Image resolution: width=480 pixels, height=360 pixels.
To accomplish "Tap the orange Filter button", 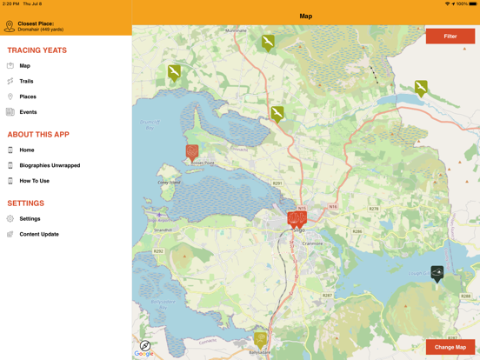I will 450,37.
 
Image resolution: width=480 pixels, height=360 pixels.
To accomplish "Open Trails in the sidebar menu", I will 26,81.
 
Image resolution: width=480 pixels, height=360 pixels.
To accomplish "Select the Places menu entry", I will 28,97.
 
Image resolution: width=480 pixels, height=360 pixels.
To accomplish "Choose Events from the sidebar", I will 28,112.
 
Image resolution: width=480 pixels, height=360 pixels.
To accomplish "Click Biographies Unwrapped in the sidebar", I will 50,165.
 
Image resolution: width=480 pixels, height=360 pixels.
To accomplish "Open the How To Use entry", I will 34,181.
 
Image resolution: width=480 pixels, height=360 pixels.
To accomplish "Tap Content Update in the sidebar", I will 39,234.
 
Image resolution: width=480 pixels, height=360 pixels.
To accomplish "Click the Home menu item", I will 27,150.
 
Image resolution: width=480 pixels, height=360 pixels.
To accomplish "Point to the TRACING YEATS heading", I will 37,50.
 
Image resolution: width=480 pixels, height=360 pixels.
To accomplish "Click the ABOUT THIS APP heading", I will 38,135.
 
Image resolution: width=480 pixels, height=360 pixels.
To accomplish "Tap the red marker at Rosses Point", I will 192,152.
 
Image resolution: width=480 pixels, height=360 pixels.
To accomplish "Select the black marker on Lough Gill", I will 437,273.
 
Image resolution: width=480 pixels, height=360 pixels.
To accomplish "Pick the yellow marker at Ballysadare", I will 261,338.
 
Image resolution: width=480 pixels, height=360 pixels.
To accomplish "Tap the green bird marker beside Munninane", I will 268,41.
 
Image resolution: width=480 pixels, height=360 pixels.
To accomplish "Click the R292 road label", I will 158,251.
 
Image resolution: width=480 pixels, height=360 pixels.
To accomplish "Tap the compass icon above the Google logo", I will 145,345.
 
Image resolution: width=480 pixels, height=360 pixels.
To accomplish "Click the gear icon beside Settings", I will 10,218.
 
